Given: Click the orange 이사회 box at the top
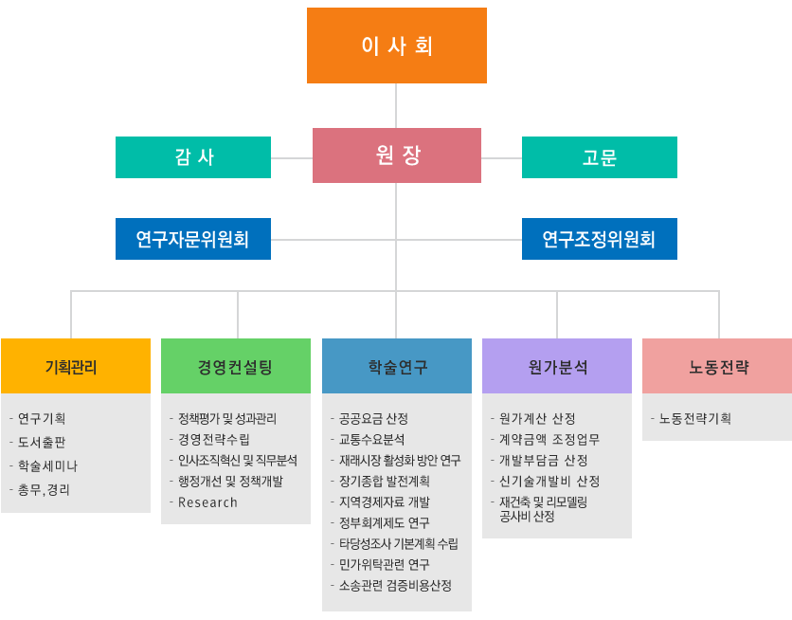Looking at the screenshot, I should click(396, 46).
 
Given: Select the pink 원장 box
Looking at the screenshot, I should click(396, 155).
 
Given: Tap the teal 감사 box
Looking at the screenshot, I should click(193, 157).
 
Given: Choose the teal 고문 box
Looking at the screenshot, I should click(599, 157).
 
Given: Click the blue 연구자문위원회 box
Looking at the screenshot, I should click(193, 239).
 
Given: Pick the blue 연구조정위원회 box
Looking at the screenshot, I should click(599, 239).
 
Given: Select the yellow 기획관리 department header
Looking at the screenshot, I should click(75, 366).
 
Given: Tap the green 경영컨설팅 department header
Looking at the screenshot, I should click(235, 366).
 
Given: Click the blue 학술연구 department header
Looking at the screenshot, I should click(396, 366).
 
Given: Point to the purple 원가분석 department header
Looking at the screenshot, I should click(556, 366).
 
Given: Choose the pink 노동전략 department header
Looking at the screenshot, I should click(716, 366).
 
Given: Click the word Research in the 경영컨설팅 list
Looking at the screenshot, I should click(207, 502).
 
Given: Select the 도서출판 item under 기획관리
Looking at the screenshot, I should click(42, 442).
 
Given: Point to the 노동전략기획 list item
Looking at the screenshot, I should click(694, 418).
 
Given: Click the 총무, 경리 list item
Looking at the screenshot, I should click(44, 490).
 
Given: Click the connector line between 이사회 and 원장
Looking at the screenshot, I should click(396, 105).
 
